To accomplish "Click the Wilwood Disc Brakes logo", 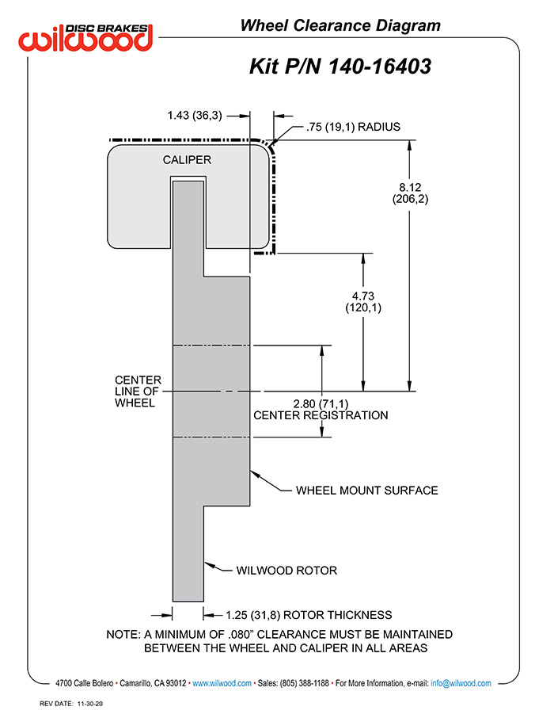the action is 85,37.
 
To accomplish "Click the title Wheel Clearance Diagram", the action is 340,25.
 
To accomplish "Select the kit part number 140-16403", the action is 380,66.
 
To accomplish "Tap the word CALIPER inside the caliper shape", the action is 187,160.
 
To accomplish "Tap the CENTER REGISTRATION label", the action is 321,415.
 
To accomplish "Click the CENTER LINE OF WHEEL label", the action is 138,391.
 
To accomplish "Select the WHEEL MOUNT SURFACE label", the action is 367,491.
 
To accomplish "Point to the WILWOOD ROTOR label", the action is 286,571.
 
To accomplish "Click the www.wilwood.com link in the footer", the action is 222,683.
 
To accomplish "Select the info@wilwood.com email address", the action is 461,683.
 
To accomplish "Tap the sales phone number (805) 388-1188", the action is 304,683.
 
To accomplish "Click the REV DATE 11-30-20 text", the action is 71,704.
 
